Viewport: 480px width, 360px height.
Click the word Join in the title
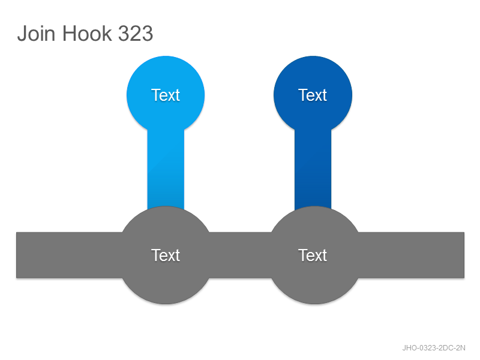(37, 33)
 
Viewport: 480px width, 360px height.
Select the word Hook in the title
(87, 33)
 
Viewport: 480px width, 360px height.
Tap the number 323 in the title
(136, 33)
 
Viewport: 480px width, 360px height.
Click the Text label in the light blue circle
(166, 95)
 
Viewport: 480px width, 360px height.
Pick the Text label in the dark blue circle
(313, 95)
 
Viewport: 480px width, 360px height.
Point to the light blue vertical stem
(166, 169)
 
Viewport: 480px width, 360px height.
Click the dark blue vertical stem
(313, 169)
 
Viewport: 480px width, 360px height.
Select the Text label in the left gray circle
(166, 255)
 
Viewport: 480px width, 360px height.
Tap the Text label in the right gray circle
(313, 255)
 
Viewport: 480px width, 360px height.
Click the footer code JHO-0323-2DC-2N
(433, 348)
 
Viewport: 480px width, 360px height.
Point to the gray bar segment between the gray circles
(241, 255)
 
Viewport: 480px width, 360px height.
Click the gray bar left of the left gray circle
(69, 255)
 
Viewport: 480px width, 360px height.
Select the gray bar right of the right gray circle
(411, 255)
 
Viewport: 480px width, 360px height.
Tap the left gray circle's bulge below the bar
(166, 291)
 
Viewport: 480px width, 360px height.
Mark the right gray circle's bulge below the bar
(314, 291)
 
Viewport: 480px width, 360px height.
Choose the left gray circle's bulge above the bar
(166, 220)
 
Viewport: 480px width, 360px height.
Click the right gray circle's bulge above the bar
(314, 220)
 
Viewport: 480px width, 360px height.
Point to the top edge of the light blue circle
(166, 56)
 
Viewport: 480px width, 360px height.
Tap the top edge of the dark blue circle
(313, 56)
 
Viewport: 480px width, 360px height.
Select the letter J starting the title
(22, 33)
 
